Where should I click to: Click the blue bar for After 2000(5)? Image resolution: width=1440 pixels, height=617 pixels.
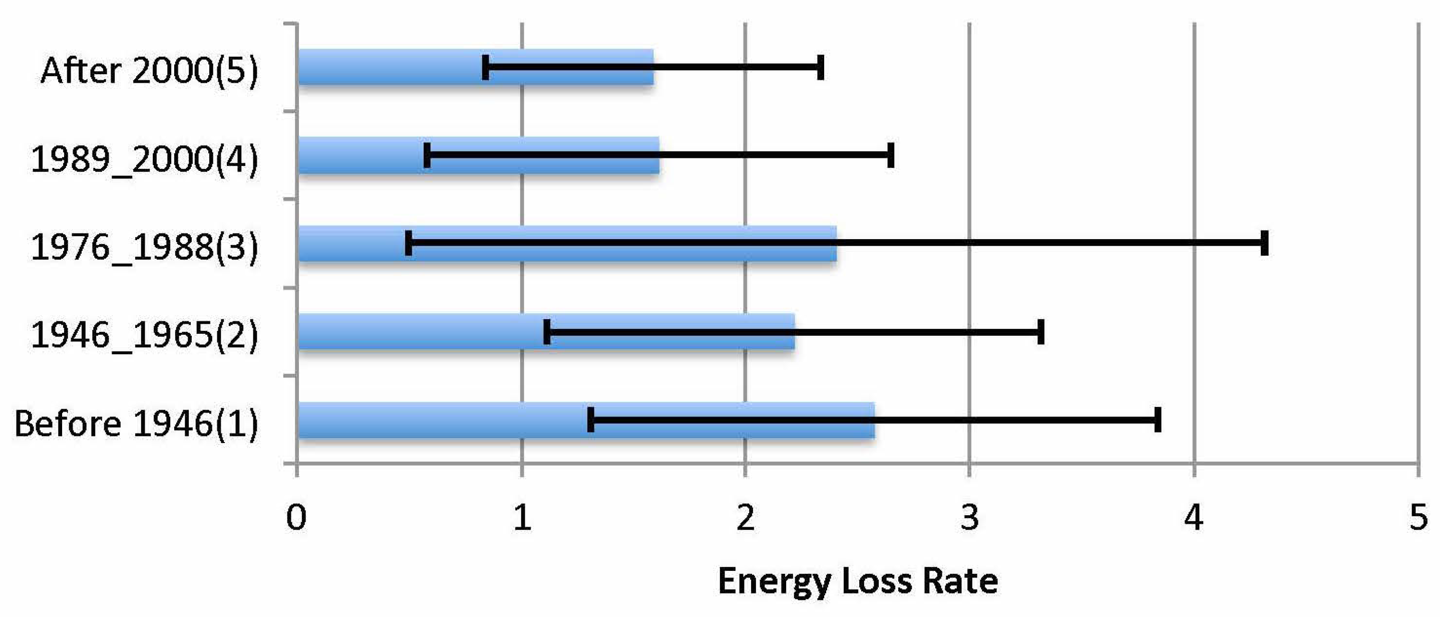tap(392, 67)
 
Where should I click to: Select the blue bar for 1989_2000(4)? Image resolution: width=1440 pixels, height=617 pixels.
tap(364, 155)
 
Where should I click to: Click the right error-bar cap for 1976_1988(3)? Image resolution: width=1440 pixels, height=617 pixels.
tap(1264, 243)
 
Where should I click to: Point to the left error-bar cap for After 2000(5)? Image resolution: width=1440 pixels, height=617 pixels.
tap(485, 67)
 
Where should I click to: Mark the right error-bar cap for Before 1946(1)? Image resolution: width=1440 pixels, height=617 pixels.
tap(1158, 420)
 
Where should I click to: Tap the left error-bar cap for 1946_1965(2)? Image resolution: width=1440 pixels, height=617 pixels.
tap(547, 331)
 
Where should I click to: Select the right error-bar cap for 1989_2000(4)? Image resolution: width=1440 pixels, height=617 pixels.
tap(891, 155)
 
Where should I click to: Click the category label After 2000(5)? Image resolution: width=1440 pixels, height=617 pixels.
tap(149, 71)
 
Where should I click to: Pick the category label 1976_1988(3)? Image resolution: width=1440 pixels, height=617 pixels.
tap(144, 247)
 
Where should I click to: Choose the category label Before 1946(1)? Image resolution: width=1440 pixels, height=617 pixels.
tap(136, 423)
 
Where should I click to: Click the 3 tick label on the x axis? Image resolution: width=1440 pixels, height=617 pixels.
tap(970, 517)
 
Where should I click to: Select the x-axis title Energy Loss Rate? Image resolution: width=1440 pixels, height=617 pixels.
tap(858, 581)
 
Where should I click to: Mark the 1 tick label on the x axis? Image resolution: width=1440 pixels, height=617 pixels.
tap(522, 517)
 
